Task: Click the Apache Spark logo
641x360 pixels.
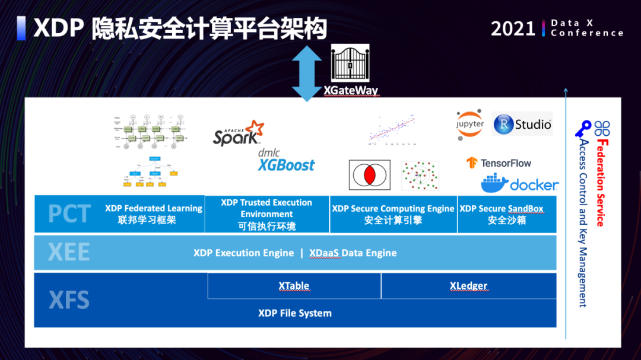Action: coord(238,132)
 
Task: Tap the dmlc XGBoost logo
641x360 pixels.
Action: coord(286,161)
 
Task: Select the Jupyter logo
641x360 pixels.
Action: coord(470,125)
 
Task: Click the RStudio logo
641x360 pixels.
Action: coord(523,124)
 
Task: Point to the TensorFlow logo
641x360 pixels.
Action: coord(499,163)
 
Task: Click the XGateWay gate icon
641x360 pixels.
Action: coord(350,65)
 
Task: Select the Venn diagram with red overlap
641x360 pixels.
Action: coord(370,175)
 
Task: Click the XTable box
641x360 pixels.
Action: coord(294,286)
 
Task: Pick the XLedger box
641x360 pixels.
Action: coord(468,286)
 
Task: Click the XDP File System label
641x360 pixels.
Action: coord(295,313)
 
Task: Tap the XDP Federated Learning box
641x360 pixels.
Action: coord(154,214)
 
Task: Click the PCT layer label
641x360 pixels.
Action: coord(69,214)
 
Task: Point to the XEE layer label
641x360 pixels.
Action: coord(69,253)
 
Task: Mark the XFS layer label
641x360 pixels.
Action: coord(69,300)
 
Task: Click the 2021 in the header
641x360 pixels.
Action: coord(513,28)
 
